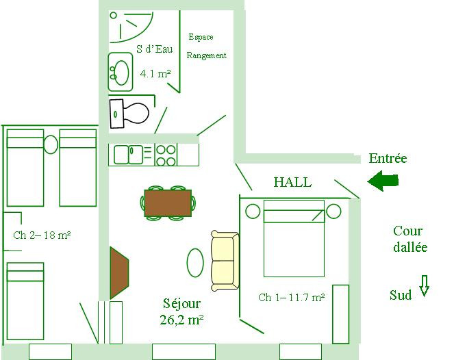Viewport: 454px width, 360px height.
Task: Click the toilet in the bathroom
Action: click(x=129, y=114)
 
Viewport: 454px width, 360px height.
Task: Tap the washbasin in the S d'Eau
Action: click(x=121, y=72)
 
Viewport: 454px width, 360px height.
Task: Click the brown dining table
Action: click(x=168, y=203)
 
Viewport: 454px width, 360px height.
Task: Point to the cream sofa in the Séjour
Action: click(x=225, y=261)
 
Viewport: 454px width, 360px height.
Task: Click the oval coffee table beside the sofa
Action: click(x=195, y=263)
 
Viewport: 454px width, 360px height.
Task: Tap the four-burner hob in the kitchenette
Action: click(x=166, y=155)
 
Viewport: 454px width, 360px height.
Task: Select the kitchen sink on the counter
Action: click(x=129, y=155)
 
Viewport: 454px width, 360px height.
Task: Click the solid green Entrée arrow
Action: click(x=383, y=181)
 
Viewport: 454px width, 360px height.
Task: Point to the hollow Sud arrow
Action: click(x=424, y=285)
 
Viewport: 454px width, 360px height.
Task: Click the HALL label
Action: click(x=292, y=182)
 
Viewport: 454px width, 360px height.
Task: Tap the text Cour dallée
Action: click(x=410, y=239)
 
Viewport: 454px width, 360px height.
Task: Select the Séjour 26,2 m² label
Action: click(x=181, y=311)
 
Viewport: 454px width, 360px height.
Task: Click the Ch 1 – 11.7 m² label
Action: click(x=291, y=297)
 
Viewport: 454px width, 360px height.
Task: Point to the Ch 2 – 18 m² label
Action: click(x=42, y=235)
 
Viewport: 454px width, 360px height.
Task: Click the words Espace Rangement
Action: click(x=206, y=46)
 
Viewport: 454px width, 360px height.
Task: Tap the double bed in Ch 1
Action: click(x=294, y=238)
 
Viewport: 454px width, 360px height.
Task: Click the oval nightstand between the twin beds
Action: click(x=51, y=144)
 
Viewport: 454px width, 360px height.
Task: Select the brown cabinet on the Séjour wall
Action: click(x=119, y=273)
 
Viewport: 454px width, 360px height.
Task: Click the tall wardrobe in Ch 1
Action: click(x=340, y=314)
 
